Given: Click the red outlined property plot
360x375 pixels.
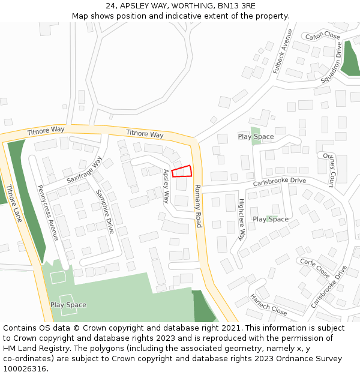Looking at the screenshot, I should (182, 172).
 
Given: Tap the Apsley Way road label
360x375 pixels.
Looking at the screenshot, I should (167, 186).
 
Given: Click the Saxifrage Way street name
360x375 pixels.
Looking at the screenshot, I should (85, 170).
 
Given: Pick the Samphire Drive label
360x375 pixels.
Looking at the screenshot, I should (105, 211).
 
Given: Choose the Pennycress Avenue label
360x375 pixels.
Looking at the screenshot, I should (48, 212).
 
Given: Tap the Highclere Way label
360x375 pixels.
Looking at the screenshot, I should (242, 220).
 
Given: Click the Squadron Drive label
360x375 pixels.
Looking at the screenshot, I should (331, 63).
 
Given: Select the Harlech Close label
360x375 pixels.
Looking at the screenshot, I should (269, 305).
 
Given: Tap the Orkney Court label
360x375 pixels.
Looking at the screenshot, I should (328, 170).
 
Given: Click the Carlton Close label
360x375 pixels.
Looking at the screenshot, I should (322, 36).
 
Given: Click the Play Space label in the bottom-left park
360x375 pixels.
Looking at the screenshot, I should (68, 305).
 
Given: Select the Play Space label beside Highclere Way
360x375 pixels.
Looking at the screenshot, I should (271, 219).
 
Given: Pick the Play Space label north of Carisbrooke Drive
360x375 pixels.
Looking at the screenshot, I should (256, 137).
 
